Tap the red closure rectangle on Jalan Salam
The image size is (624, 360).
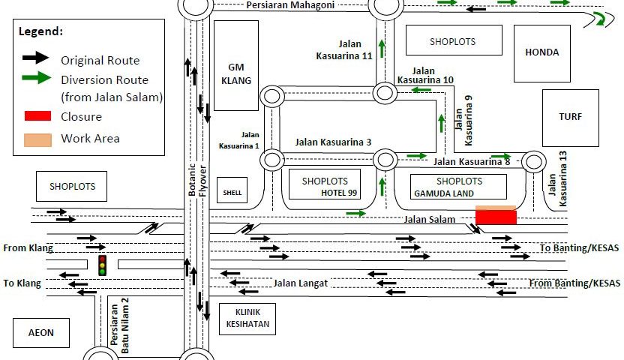pos(496,216)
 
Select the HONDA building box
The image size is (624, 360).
pos(542,53)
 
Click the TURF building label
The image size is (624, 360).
pos(570,118)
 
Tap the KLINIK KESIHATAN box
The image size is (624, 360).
pos(246,318)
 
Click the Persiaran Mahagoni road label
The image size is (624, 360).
pos(290,5)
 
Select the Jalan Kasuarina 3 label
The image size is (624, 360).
pos(333,142)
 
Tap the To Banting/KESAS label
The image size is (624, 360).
pos(579,248)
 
